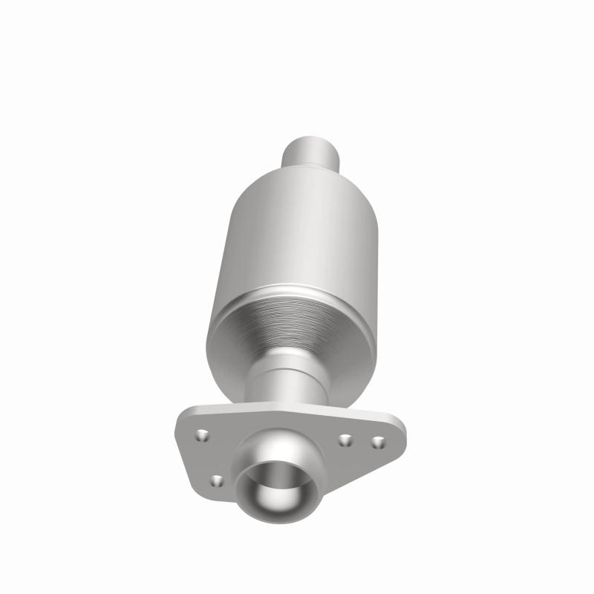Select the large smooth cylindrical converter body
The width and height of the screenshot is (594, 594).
click(297, 230)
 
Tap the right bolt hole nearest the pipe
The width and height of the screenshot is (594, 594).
click(345, 440)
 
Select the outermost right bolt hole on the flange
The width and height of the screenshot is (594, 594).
click(378, 442)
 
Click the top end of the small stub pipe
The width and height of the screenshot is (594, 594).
click(313, 138)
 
